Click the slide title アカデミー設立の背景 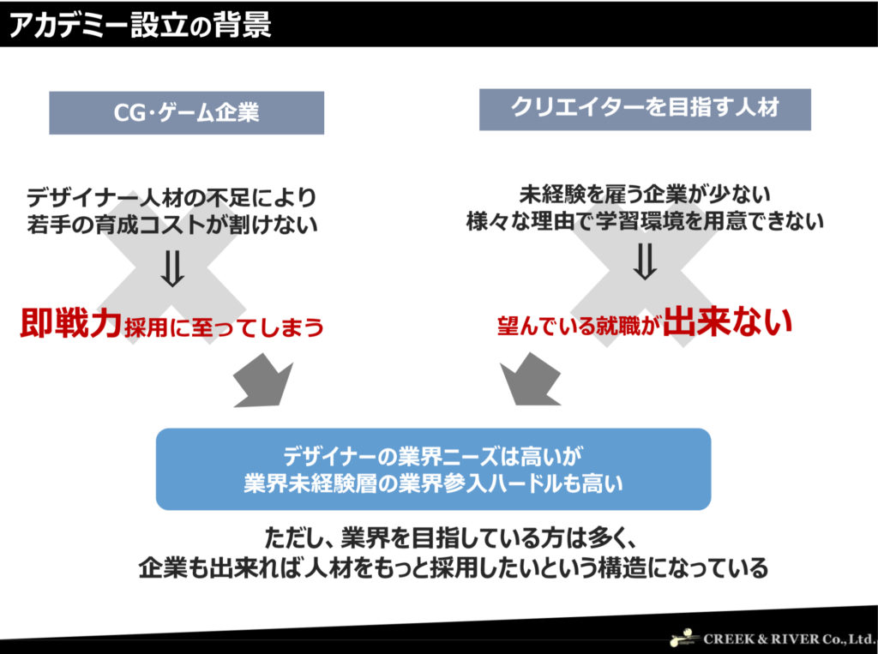coord(140,24)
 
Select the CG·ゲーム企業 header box coord(186,112)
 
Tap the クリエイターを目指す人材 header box coord(645,109)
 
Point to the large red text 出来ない coord(728,321)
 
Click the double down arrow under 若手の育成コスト coord(172,268)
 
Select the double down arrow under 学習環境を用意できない coord(645,261)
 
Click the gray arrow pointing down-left coord(529,380)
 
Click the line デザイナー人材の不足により coord(171,198)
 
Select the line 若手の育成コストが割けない coord(171,224)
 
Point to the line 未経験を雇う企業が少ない coord(645,195)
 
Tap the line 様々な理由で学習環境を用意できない coord(645,220)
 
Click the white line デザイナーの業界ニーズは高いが coord(433,456)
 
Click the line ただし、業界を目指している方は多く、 coord(451,538)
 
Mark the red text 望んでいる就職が coord(580,326)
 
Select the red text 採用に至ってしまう coord(224,327)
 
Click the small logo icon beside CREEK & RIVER coord(685,638)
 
